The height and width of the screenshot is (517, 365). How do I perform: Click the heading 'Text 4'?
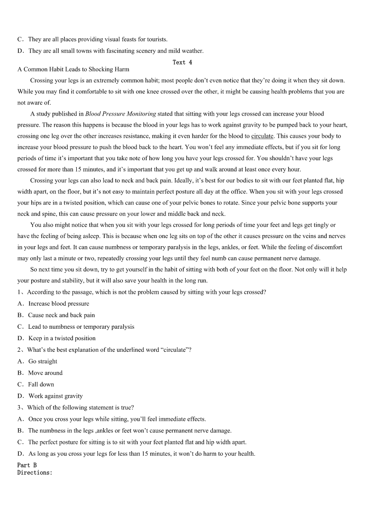coord(182,62)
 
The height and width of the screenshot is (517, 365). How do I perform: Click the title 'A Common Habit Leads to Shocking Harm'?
coord(73,70)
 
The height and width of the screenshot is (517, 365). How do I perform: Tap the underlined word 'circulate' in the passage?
coord(262,136)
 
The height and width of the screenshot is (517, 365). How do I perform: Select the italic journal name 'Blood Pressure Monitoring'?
coord(120,114)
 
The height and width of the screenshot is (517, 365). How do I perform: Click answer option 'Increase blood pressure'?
coord(58,304)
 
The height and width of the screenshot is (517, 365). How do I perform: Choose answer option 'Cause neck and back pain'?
coord(61,315)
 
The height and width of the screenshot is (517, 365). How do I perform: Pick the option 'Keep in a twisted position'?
coord(62,338)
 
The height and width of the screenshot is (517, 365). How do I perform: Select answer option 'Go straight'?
coord(42,361)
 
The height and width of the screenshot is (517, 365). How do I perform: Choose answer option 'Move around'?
coord(45,373)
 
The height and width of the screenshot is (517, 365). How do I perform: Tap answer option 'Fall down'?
coord(41,384)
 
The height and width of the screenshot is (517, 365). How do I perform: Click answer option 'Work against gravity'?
coord(55,396)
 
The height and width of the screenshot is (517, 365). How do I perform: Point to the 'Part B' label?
coord(27,465)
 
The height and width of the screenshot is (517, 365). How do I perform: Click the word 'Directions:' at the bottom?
coord(35,472)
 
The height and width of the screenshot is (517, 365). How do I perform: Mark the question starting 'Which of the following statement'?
coord(80,407)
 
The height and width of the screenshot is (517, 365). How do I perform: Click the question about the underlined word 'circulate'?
coord(109,350)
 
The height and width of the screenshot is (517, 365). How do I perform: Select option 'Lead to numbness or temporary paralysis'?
coord(81,327)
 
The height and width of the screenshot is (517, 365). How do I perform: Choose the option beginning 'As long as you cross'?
coord(142,453)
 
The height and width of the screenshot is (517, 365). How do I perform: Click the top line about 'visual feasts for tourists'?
coord(97,39)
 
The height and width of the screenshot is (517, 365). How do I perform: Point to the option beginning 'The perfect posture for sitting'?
coord(137,442)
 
